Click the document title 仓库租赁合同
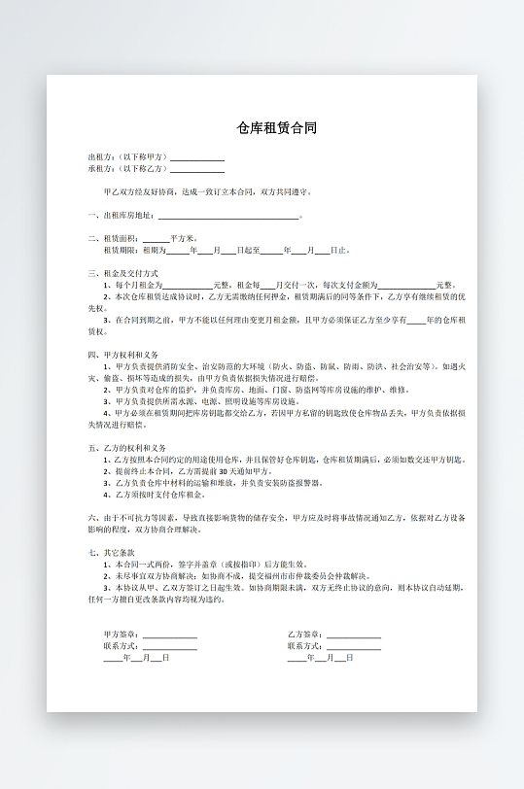(277, 128)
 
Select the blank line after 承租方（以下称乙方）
(197, 169)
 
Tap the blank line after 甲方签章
(170, 635)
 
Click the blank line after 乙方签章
(354, 635)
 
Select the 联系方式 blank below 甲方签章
(170, 647)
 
